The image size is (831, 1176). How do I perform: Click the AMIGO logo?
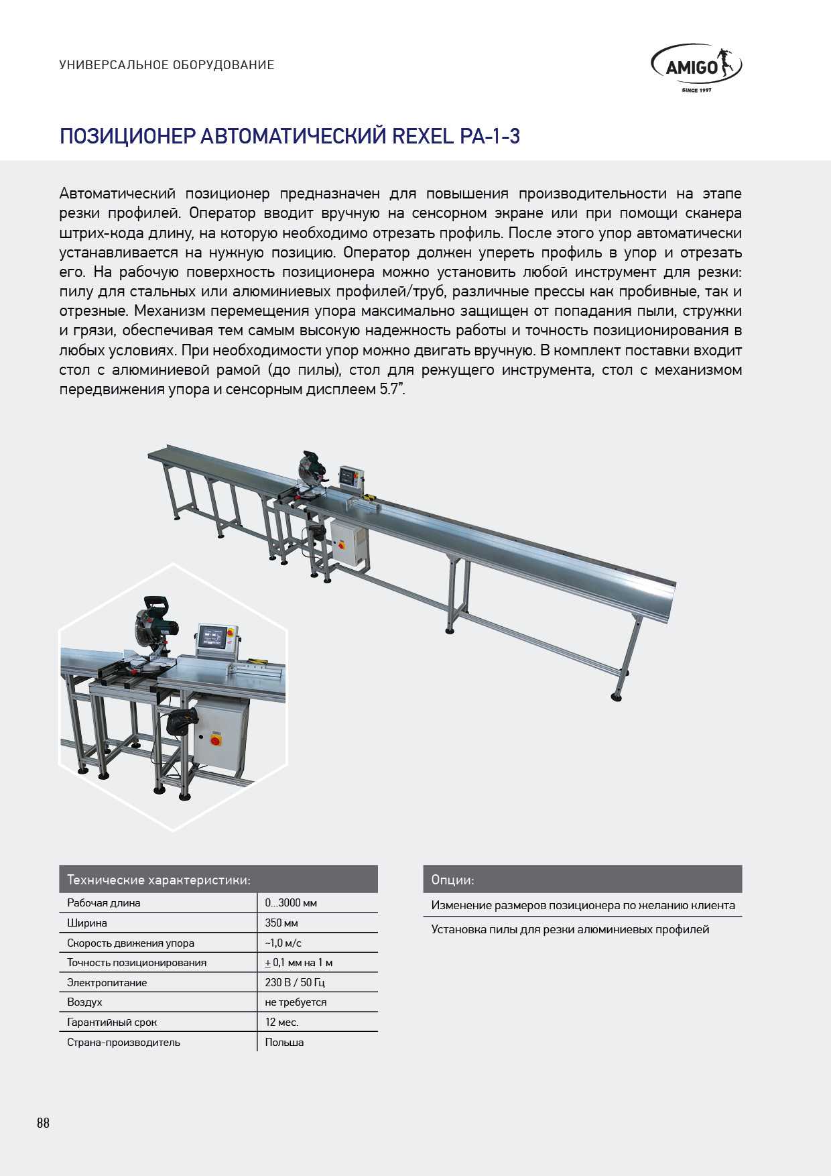point(696,67)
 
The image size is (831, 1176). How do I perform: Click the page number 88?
point(43,1123)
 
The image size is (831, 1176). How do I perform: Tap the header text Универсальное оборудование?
point(167,65)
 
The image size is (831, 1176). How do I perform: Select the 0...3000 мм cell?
point(291,902)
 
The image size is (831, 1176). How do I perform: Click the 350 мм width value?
point(281,923)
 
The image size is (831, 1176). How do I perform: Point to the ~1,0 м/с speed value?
point(283,943)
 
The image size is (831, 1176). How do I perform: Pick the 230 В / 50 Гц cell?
point(295,982)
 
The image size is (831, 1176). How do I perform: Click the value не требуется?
point(296,1002)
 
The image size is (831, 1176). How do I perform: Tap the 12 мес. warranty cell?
point(281,1022)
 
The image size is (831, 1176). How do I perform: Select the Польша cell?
point(284,1042)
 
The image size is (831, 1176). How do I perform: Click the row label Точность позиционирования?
point(137,962)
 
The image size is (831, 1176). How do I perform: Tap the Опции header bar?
point(582,879)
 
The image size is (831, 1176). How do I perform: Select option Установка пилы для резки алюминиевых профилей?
point(570,929)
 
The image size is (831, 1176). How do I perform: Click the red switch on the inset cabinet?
point(216,740)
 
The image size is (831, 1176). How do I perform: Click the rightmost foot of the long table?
point(617,697)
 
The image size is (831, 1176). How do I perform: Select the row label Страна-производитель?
point(123,1042)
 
